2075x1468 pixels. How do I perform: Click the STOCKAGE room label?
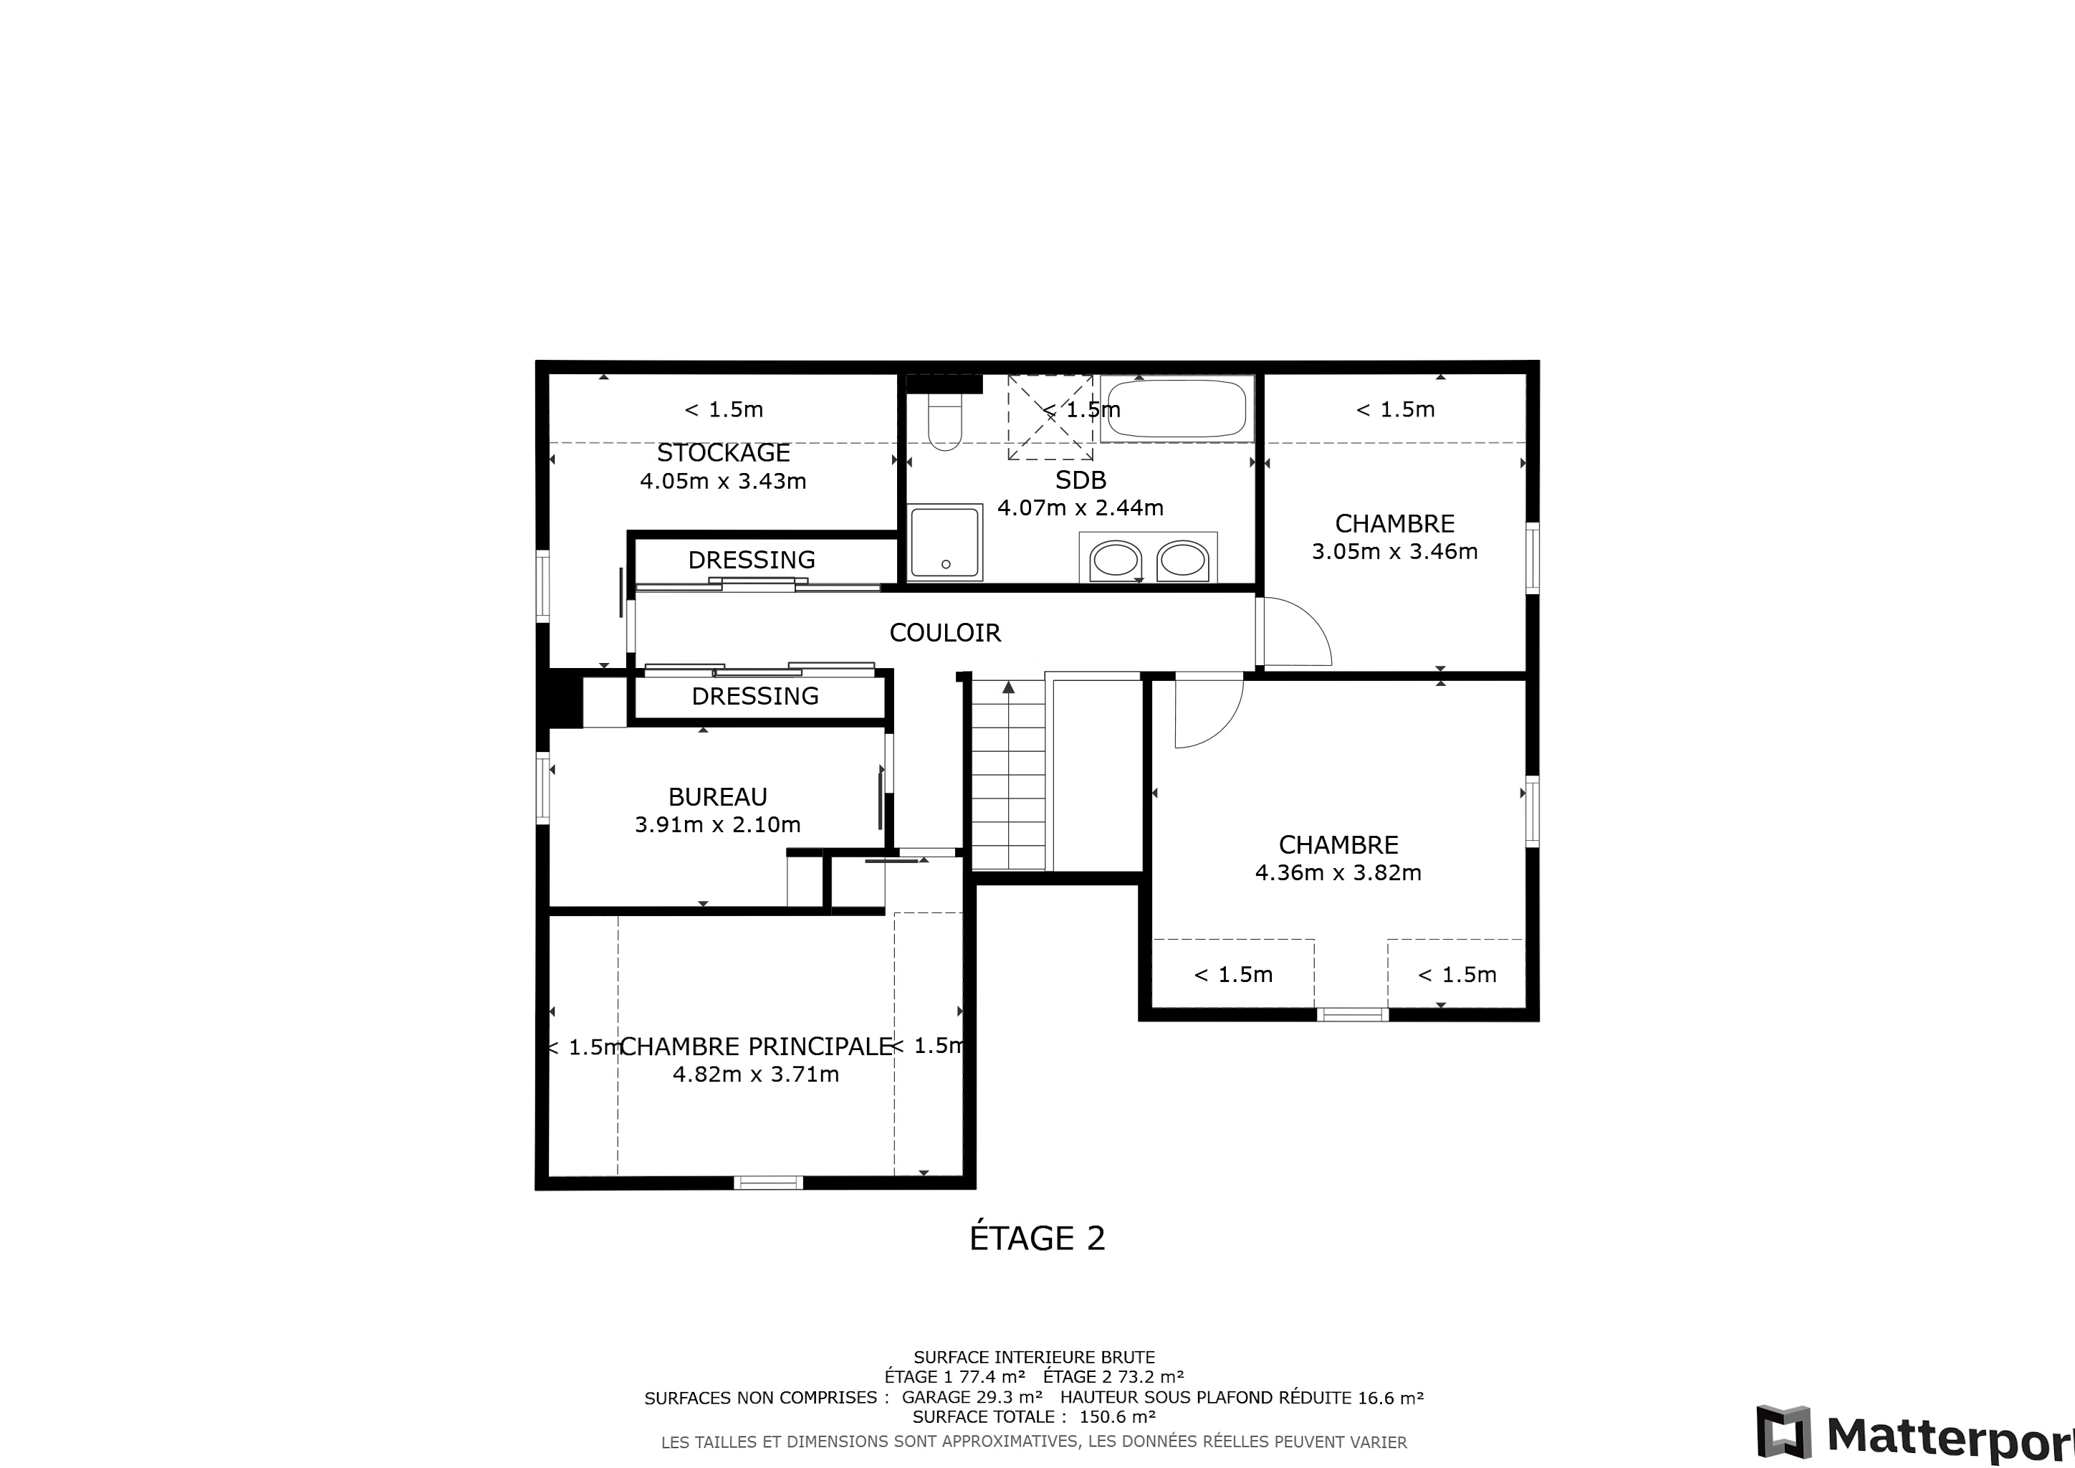[x=723, y=452]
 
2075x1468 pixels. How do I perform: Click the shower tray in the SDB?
[x=945, y=541]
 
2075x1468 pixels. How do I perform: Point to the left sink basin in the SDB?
[x=1115, y=561]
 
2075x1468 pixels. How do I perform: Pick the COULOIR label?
[x=945, y=633]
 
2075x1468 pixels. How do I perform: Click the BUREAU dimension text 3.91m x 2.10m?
[x=717, y=824]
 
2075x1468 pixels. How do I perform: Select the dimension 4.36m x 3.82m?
[x=1338, y=872]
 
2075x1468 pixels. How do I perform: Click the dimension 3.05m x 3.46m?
[x=1394, y=551]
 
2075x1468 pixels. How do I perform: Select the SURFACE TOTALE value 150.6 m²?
[x=1117, y=1416]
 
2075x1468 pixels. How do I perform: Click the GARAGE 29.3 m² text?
[x=972, y=1398]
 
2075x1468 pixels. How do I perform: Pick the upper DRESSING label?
[x=752, y=561]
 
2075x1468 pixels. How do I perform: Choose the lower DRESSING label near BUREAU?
[x=755, y=696]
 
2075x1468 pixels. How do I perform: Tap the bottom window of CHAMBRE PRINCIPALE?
[x=768, y=1181]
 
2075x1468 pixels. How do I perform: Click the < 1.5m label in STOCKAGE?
[x=724, y=409]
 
